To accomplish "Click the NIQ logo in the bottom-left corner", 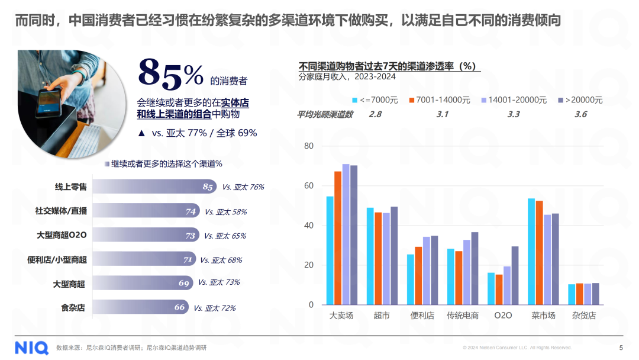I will [31, 348].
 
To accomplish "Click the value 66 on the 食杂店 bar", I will [180, 307].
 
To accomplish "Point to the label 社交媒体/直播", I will [62, 211].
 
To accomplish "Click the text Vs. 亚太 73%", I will [219, 282].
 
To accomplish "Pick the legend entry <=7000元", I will [375, 100].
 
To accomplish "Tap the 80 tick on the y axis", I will [309, 146].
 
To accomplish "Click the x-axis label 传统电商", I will [463, 316].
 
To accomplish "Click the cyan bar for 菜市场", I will [531, 252].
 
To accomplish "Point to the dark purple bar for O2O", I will [515, 275].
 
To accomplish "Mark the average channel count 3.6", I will [580, 114].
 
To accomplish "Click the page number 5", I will [621, 348].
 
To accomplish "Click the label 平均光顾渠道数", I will [324, 114].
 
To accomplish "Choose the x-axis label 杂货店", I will [584, 316].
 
